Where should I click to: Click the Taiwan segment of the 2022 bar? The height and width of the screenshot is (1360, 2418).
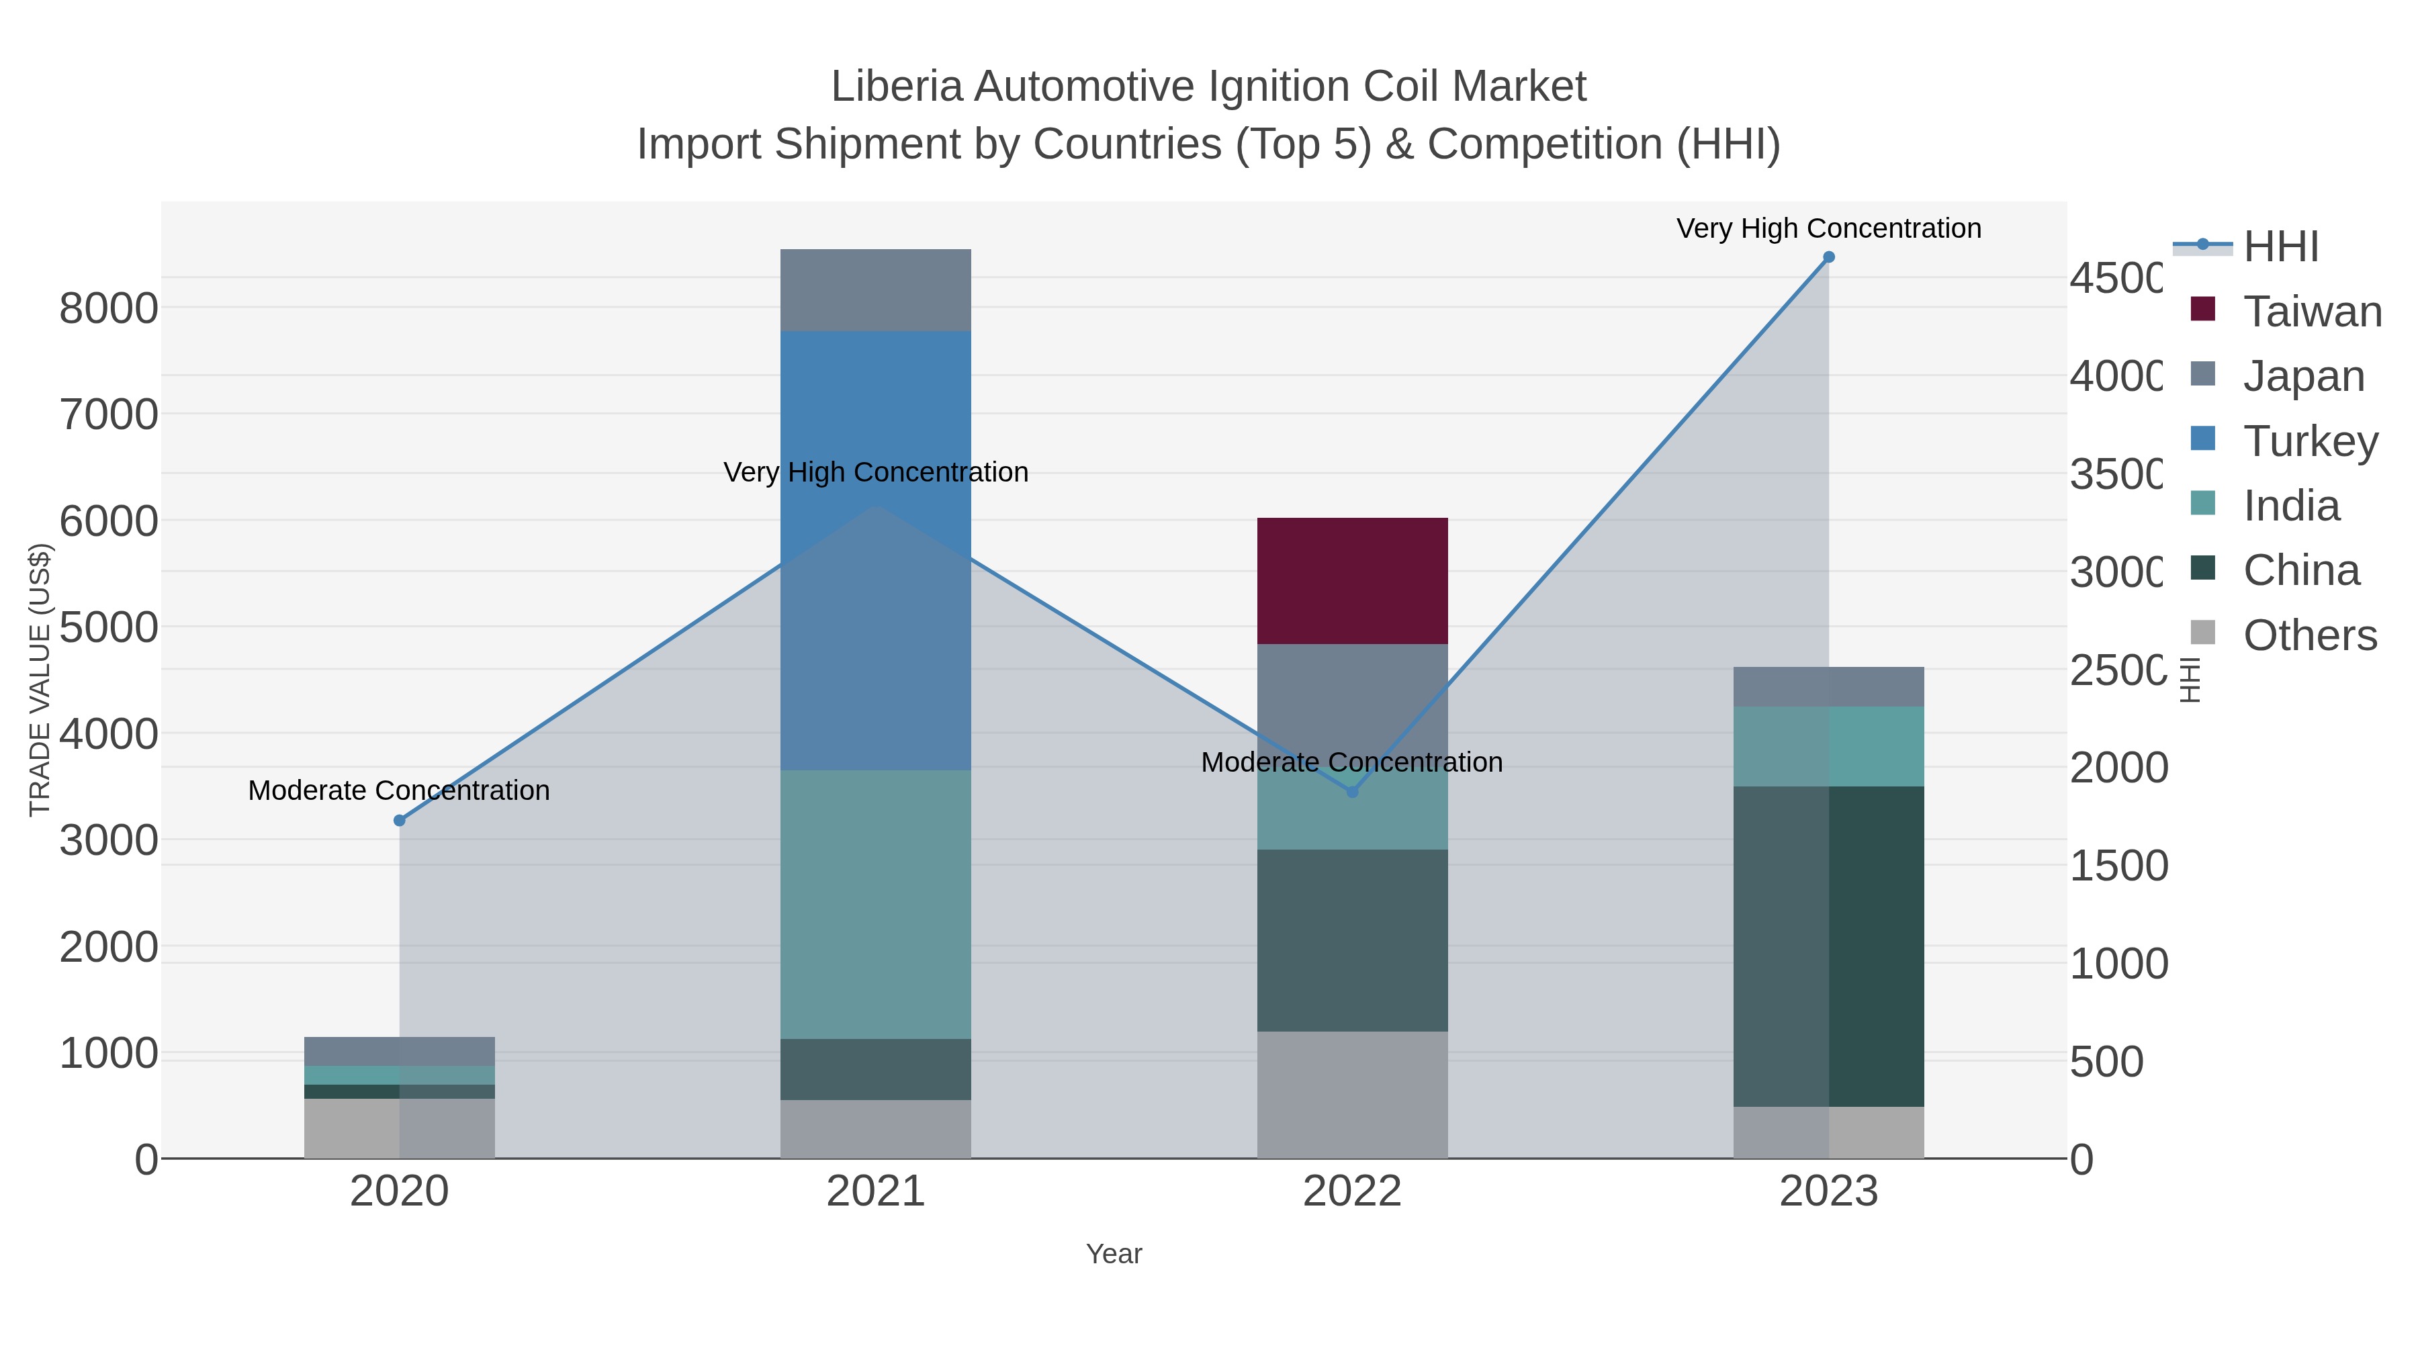pos(1351,580)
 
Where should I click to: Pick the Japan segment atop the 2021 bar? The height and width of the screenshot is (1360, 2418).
pos(875,290)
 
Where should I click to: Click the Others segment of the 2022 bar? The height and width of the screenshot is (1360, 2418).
pos(1351,1095)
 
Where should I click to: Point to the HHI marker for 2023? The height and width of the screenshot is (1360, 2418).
pos(1828,257)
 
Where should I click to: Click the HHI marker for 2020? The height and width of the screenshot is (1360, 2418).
pos(399,820)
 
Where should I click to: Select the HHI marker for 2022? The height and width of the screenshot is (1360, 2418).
pos(1351,792)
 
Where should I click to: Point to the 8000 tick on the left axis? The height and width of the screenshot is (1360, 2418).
pos(109,308)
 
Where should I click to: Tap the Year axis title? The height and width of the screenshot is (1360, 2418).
pos(1113,1254)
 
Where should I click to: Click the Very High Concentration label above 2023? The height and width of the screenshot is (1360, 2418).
pos(1828,229)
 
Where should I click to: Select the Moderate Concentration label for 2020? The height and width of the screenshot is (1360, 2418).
pos(399,790)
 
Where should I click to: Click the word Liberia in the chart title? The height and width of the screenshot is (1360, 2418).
pos(897,87)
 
